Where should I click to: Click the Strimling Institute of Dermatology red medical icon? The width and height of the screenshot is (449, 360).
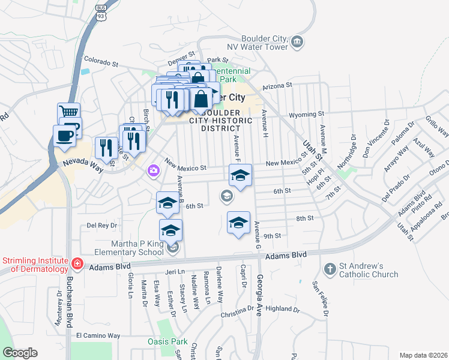point(77,264)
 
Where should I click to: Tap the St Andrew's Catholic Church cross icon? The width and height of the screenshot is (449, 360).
point(330,269)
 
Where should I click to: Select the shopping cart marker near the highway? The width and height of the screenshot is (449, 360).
point(69,112)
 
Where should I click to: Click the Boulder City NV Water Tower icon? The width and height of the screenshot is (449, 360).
point(298,41)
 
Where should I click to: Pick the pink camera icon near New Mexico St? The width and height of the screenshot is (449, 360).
point(154,172)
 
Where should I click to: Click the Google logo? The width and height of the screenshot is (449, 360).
point(20,353)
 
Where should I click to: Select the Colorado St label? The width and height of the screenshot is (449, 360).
point(101,61)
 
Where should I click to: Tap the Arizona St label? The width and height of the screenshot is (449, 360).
point(276,86)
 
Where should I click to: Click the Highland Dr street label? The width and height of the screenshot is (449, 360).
point(282,309)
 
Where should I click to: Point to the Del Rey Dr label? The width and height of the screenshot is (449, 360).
point(101,226)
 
